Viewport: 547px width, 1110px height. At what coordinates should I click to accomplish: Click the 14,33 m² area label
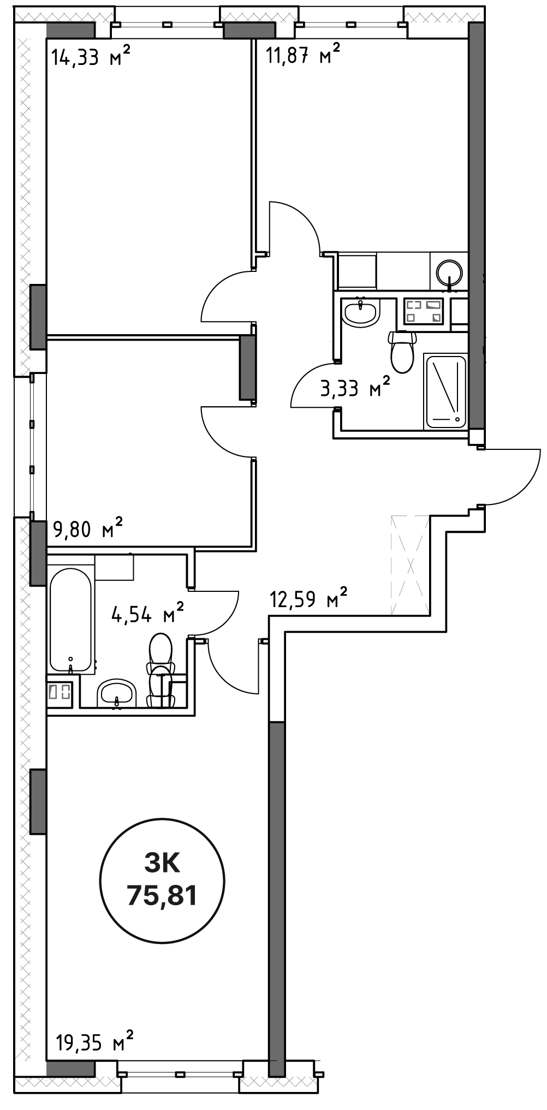pos(91,56)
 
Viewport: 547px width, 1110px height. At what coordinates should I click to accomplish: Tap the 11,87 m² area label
pos(302,55)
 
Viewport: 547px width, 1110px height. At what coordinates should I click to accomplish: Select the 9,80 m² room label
pos(87,528)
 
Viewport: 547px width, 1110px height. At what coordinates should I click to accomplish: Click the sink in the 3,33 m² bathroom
pos(360,312)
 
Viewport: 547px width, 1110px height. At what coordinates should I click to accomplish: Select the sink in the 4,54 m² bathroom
pos(116,693)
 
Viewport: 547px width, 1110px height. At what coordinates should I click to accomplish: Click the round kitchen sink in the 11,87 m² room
pos(450,272)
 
